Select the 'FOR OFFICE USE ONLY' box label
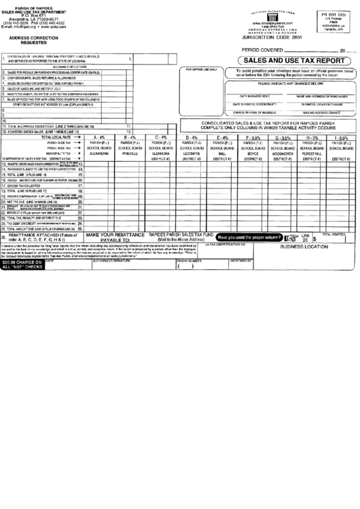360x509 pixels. tap(201, 69)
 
